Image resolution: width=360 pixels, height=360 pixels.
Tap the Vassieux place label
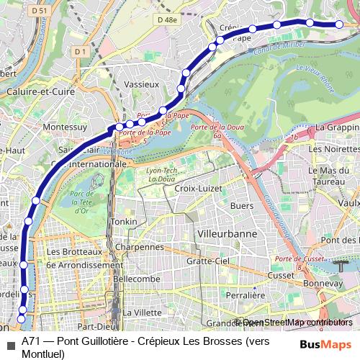point(141,84)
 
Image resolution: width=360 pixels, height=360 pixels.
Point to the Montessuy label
point(65,126)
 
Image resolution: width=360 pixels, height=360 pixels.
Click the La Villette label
point(143,312)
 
